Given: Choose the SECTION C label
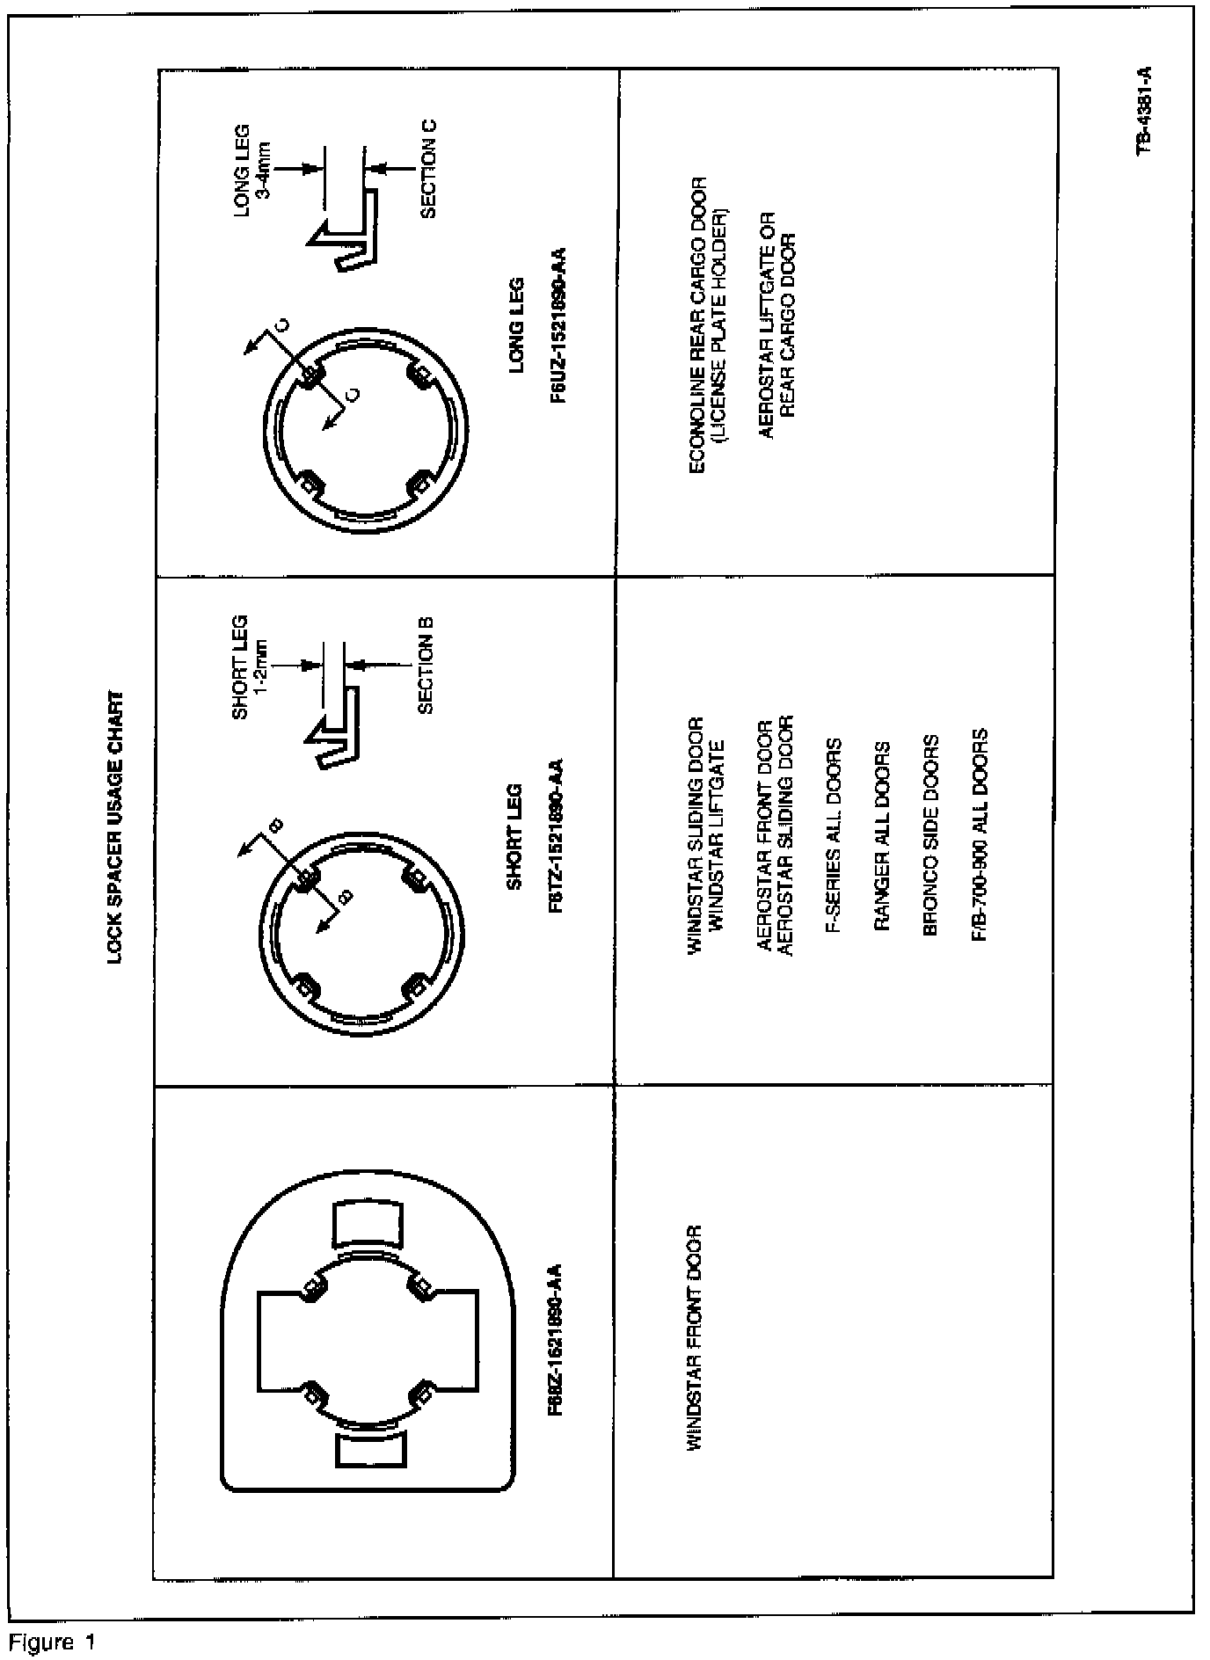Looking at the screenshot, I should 428,168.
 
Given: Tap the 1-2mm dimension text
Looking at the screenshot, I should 263,664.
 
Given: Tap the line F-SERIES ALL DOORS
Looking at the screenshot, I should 834,835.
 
